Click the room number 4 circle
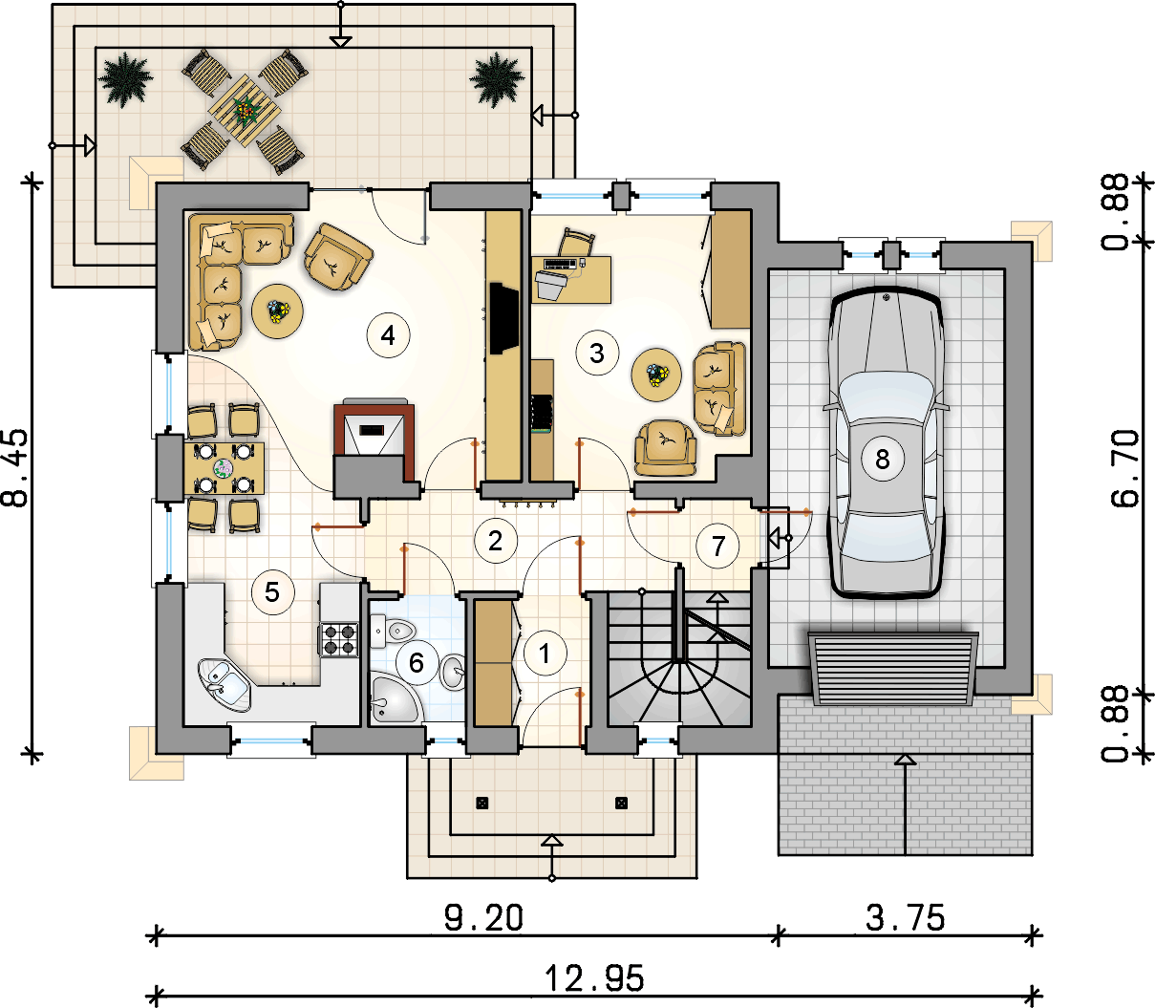click(388, 335)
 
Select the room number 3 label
click(597, 354)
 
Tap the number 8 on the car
click(883, 459)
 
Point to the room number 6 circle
click(417, 662)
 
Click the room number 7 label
click(718, 546)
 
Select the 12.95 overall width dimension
click(594, 978)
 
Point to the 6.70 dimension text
click(1125, 468)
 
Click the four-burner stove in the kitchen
click(339, 639)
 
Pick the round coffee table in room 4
click(277, 311)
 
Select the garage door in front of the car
click(893, 669)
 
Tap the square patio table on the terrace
click(245, 111)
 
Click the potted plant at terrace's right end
click(497, 80)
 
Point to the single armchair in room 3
click(665, 448)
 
